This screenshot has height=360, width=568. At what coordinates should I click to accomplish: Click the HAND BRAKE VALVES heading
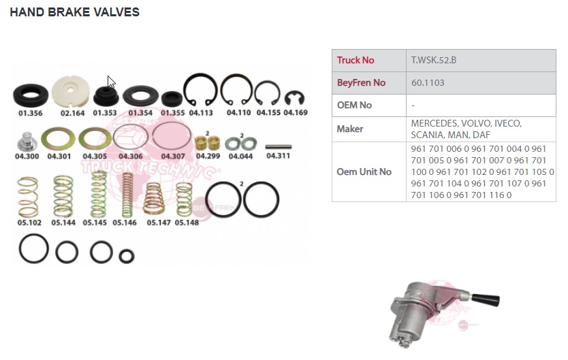(x=74, y=12)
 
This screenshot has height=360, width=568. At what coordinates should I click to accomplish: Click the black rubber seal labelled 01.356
(x=31, y=95)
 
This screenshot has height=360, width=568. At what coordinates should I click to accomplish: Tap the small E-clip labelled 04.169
(x=294, y=99)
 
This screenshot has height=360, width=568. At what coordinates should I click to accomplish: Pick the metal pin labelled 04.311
(x=278, y=147)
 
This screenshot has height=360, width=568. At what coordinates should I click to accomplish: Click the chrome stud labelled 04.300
(x=27, y=142)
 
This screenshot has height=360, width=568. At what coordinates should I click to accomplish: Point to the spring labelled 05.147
(x=154, y=199)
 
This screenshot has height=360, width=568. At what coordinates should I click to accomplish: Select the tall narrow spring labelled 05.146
(x=127, y=195)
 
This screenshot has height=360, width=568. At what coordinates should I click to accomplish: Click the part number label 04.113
(x=201, y=113)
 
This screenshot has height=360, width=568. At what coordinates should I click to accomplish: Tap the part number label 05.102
(x=29, y=223)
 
